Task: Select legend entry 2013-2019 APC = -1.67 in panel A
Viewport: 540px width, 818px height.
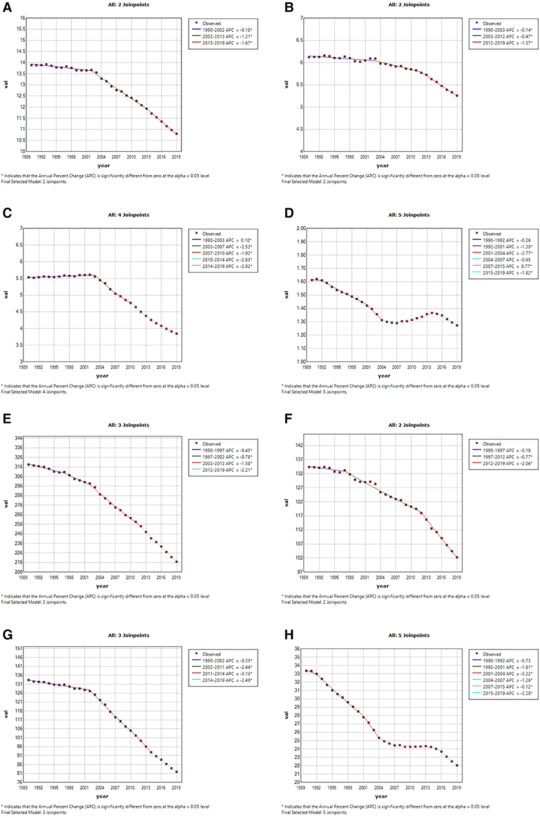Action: pyautogui.click(x=225, y=43)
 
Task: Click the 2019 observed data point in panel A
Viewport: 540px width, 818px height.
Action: pyautogui.click(x=176, y=134)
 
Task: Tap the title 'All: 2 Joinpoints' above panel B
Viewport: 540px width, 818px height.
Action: pyautogui.click(x=409, y=5)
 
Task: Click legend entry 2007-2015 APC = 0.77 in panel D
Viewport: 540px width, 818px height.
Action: pyautogui.click(x=506, y=266)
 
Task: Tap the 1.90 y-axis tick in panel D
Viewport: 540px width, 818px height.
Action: pyautogui.click(x=301, y=242)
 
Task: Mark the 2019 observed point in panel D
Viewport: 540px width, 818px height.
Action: pyautogui.click(x=457, y=325)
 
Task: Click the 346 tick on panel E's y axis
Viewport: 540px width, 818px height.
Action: pyautogui.click(x=19, y=438)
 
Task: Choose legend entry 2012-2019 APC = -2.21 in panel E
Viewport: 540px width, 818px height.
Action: pyautogui.click(x=227, y=470)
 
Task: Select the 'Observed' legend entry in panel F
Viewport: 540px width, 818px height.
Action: pyautogui.click(x=492, y=444)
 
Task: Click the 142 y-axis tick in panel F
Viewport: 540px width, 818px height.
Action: pyautogui.click(x=299, y=445)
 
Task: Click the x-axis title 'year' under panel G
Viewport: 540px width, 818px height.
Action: pyautogui.click(x=102, y=796)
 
